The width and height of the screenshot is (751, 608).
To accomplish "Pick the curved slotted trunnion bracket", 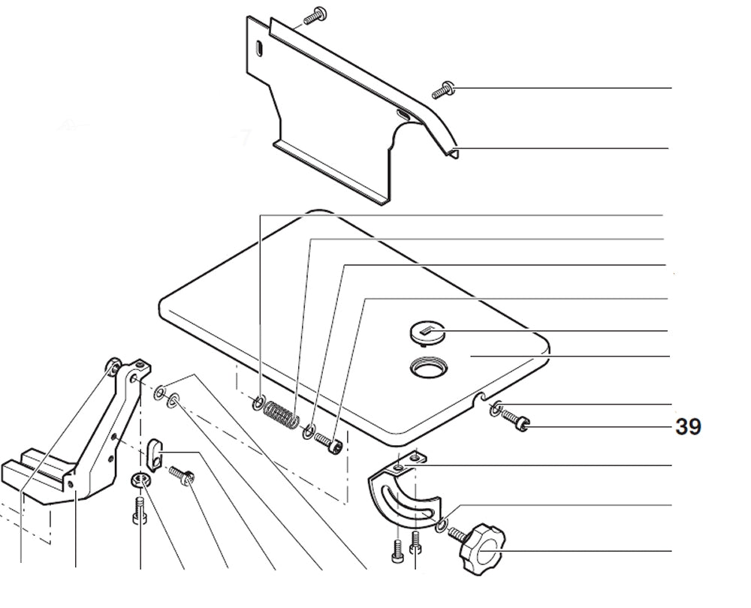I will coord(403,496).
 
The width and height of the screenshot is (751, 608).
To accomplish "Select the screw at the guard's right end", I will coord(442,89).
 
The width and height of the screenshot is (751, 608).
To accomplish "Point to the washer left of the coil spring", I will coord(258,405).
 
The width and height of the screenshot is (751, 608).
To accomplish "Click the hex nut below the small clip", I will coord(139,480).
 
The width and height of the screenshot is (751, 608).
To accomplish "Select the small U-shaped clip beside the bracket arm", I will coord(155,452).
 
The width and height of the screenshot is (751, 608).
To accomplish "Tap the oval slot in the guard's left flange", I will coord(258,48).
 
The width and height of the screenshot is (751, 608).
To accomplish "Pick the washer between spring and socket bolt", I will coord(308,432).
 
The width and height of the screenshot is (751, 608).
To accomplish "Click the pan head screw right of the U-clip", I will coord(182,475).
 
